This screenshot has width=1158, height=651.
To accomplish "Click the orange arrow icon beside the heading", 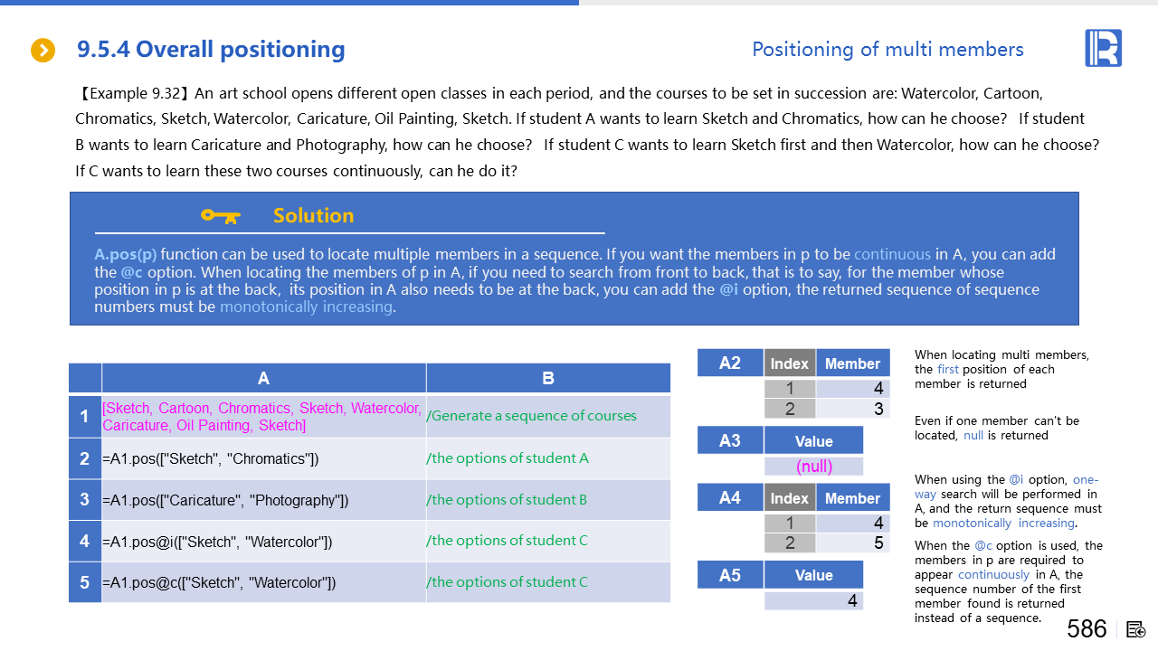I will pyautogui.click(x=43, y=51).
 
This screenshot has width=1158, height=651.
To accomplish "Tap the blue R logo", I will pyautogui.click(x=1103, y=48).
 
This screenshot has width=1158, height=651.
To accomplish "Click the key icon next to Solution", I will pyautogui.click(x=220, y=215).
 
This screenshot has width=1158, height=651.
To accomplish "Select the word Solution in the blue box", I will pyautogui.click(x=313, y=215).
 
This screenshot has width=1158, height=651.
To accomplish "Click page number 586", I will pyautogui.click(x=1087, y=628).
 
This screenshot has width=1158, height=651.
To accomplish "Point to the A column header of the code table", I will pyautogui.click(x=263, y=379).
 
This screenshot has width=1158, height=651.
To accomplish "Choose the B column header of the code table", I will pyautogui.click(x=548, y=379).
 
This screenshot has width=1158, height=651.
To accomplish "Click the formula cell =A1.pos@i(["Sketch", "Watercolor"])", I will pyautogui.click(x=217, y=542).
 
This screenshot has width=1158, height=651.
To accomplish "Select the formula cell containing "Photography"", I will pyautogui.click(x=225, y=500).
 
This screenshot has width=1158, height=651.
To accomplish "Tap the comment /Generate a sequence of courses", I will pyautogui.click(x=531, y=416).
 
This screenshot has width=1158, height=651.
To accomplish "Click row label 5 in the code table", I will pyautogui.click(x=84, y=582).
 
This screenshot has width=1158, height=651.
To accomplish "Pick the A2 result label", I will pyautogui.click(x=730, y=363).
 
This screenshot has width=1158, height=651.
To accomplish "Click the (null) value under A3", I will pyautogui.click(x=814, y=467).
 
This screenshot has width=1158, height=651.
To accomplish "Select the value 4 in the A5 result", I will pyautogui.click(x=851, y=600).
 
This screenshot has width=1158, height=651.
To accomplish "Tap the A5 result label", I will pyautogui.click(x=730, y=575).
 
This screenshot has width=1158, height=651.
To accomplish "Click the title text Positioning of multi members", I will pyautogui.click(x=887, y=50).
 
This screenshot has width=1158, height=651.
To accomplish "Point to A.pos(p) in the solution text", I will pyautogui.click(x=125, y=254).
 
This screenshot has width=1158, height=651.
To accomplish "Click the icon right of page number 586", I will pyautogui.click(x=1137, y=629).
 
